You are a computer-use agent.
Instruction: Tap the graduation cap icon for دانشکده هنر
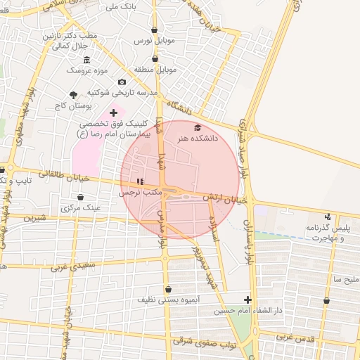[x=198, y=127]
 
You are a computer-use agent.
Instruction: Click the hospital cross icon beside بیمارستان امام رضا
[x=113, y=112]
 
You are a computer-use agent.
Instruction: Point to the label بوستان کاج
[x=70, y=106]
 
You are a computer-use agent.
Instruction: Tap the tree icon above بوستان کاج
[x=74, y=95]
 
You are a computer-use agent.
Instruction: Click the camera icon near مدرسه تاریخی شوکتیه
[x=122, y=82]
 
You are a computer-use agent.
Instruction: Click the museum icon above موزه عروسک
[x=86, y=59]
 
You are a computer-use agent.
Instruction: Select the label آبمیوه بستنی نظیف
[x=167, y=300]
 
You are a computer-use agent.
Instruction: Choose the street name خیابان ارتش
[x=226, y=201]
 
